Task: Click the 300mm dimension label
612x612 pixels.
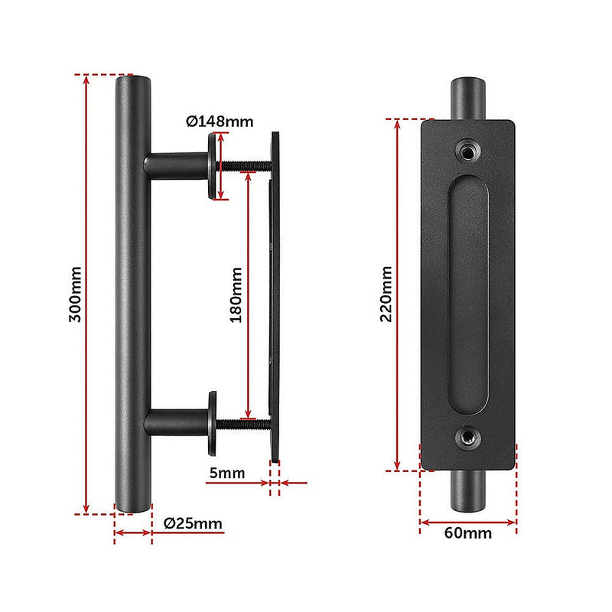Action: (75, 295)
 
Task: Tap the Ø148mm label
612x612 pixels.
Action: (220, 122)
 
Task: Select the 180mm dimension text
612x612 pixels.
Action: (236, 295)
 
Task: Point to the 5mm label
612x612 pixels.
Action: (227, 473)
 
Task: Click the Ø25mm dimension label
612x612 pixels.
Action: (193, 523)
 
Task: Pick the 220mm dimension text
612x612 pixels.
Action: (386, 294)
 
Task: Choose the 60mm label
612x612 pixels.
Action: (468, 533)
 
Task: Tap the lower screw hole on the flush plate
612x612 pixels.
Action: (468, 438)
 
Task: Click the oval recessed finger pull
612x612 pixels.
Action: (467, 295)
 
